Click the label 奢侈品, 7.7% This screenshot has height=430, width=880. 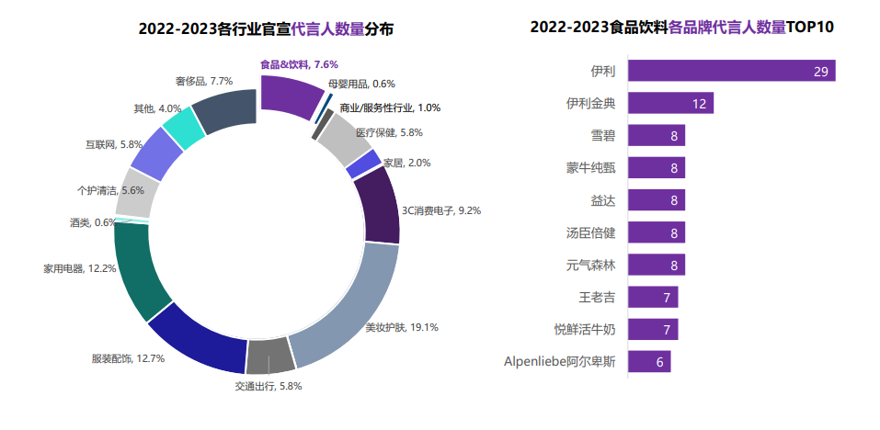point(197,81)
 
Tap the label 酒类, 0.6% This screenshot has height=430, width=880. point(93,222)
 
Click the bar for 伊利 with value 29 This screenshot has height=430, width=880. point(731,71)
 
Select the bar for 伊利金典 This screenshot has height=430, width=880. point(670,104)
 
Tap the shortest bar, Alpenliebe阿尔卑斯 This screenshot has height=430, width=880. point(649,362)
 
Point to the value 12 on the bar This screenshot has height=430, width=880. point(699,104)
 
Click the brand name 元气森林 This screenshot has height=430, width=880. point(590,266)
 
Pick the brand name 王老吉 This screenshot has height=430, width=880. point(597,298)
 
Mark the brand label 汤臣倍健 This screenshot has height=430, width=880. point(590,233)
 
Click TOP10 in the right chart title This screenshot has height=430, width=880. point(810,27)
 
